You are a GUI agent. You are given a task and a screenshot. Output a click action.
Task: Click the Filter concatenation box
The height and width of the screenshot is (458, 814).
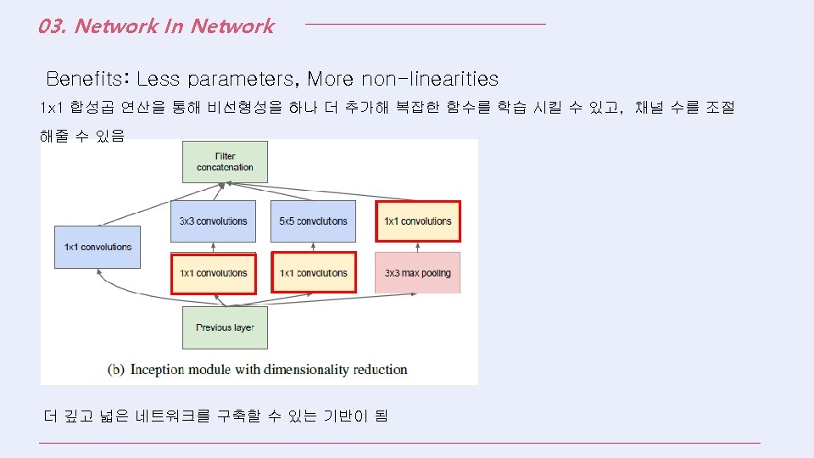tap(225, 161)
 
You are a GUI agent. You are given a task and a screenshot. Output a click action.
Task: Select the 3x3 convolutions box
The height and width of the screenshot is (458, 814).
tap(213, 221)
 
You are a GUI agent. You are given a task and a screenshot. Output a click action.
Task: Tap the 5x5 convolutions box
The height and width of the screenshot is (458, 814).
tap(313, 221)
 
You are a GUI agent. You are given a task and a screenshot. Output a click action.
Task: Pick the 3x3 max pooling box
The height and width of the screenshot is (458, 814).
tap(417, 273)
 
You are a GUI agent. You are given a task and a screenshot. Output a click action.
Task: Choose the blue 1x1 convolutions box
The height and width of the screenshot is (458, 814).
tap(98, 247)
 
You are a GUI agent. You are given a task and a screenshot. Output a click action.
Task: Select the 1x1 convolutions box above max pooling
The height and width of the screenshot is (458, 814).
tap(417, 221)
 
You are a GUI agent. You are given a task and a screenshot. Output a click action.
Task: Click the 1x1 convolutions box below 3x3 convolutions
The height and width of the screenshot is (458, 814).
tap(213, 273)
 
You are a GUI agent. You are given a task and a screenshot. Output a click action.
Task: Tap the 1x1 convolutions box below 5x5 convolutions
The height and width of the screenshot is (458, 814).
tap(313, 273)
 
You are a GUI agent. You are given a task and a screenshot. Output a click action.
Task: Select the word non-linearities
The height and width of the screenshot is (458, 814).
tap(430, 79)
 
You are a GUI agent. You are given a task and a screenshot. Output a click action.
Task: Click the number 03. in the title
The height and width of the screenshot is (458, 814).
tap(53, 26)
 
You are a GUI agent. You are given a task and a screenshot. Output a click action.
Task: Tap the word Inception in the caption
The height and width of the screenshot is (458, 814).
tap(159, 370)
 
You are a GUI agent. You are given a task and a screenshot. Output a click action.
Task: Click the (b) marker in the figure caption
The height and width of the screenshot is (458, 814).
tap(117, 370)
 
